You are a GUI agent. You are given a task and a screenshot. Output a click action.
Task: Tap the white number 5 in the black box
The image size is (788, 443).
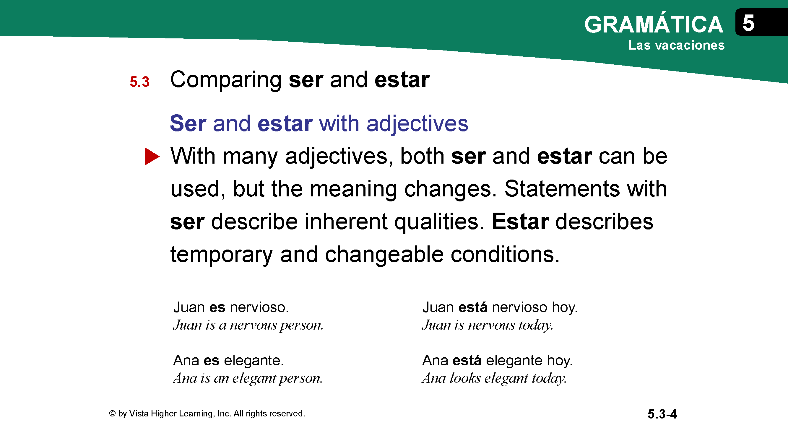coord(748,23)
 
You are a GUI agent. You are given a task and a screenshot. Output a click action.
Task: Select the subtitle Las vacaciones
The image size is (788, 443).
coord(676,45)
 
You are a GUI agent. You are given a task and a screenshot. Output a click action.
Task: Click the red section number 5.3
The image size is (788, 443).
coord(139,82)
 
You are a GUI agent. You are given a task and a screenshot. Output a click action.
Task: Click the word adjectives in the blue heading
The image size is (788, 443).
coord(417,124)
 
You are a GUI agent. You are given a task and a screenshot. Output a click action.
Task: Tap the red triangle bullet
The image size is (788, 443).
coord(152,157)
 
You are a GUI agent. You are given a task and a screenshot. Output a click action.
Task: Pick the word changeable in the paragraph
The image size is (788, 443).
coord(384,254)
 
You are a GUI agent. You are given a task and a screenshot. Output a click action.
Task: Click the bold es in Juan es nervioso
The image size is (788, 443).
coord(217,307)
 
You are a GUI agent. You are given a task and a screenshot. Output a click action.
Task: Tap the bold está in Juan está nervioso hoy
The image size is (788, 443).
coord(473,307)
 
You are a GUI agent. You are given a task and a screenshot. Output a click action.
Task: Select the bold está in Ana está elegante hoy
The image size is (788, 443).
coord(467,360)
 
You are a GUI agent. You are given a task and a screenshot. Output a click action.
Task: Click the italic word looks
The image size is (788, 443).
coord(465,378)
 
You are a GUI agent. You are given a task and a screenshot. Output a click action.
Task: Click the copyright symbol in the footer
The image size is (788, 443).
coord(112,413)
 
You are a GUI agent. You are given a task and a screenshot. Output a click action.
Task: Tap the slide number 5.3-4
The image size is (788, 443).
coord(662,414)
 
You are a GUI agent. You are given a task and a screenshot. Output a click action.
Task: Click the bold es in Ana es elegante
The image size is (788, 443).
coord(211,360)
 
